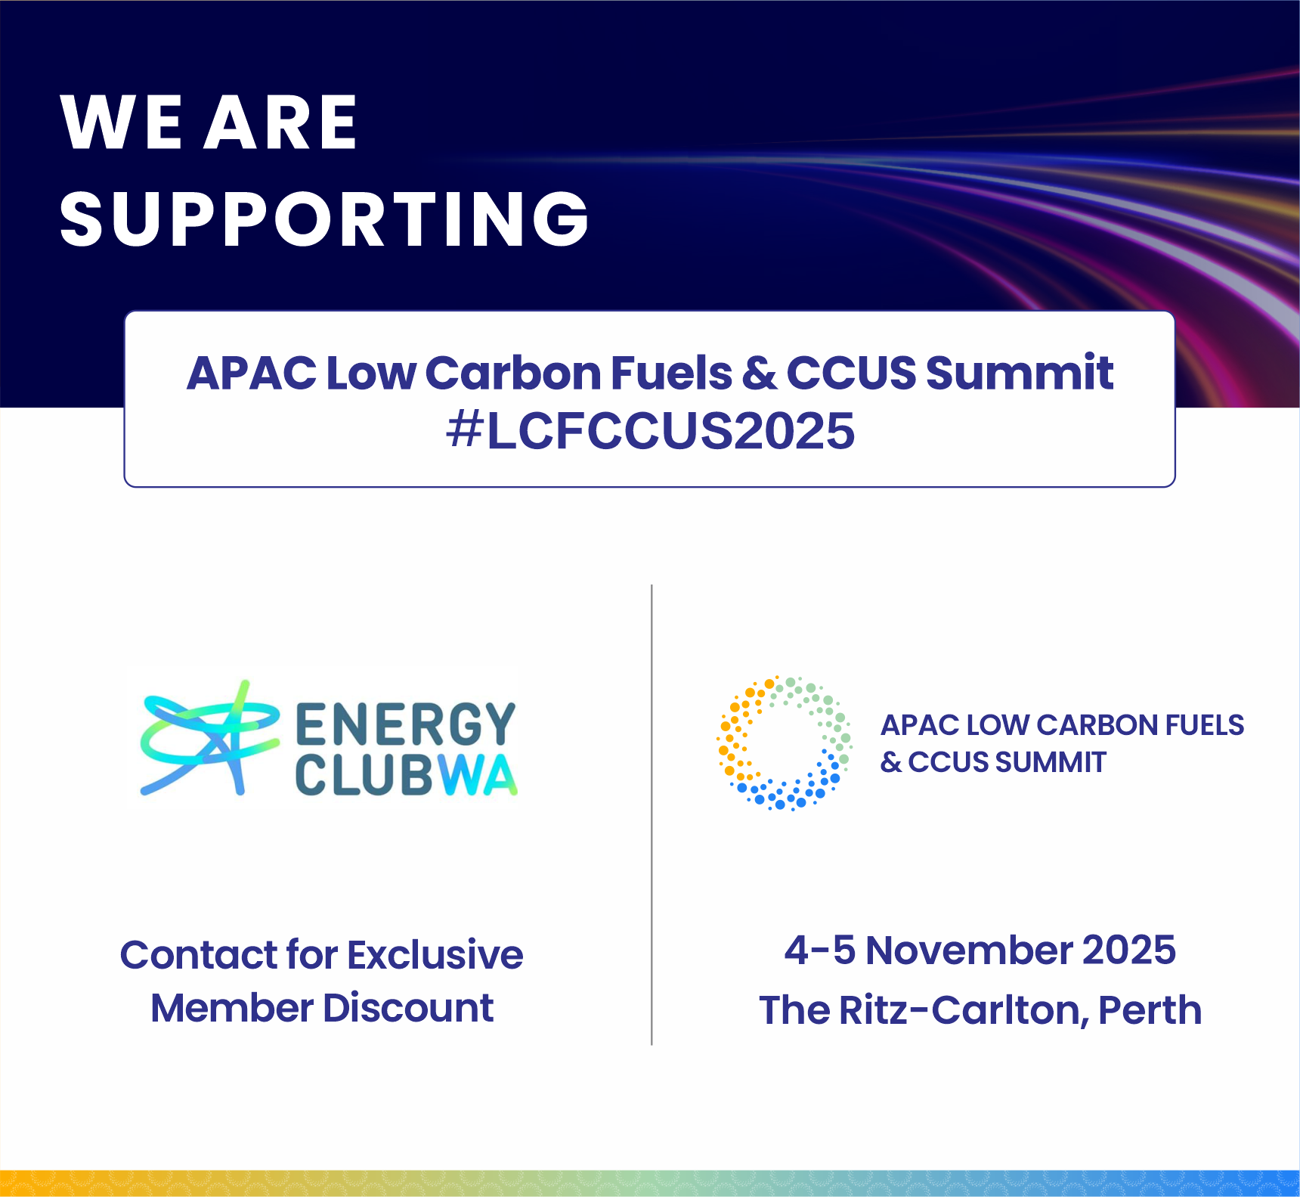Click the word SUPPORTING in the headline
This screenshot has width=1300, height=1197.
pos(324,219)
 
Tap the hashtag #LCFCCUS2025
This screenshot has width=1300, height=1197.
pos(650,431)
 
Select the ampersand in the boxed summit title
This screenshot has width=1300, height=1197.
pos(758,374)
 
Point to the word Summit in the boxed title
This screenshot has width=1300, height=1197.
pos(1020,373)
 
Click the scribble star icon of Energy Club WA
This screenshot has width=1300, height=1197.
pos(209,738)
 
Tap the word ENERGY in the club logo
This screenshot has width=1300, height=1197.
pos(405,724)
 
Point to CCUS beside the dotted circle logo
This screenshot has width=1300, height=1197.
pos(949,762)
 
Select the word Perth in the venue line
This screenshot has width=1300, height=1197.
pos(1150,1010)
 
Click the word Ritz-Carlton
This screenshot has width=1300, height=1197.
pos(964,1010)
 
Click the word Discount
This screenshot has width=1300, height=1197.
pos(408,1008)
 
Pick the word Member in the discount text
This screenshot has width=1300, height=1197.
pos(232,1008)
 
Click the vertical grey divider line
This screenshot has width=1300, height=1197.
pos(652,814)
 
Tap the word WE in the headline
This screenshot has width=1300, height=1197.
pos(121,122)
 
